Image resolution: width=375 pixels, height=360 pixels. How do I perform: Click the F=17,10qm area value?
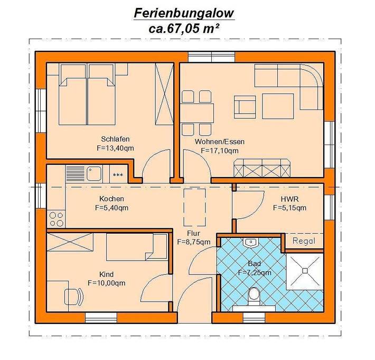[220, 151]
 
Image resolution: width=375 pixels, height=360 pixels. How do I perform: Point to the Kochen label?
[111, 199]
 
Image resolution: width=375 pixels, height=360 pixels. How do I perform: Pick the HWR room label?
[289, 199]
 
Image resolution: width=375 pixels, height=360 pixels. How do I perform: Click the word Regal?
[304, 241]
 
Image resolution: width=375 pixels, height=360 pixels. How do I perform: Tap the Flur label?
[194, 233]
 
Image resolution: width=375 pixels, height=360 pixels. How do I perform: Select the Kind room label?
[106, 274]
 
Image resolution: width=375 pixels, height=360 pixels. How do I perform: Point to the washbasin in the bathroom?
[251, 243]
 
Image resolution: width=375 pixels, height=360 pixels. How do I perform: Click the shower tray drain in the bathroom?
[304, 270]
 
